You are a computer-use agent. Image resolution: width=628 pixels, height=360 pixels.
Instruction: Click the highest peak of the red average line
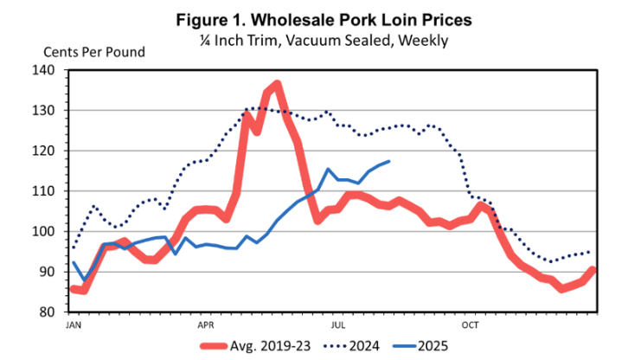click(x=277, y=84)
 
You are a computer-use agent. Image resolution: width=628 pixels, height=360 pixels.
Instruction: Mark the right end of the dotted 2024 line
click(x=591, y=252)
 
